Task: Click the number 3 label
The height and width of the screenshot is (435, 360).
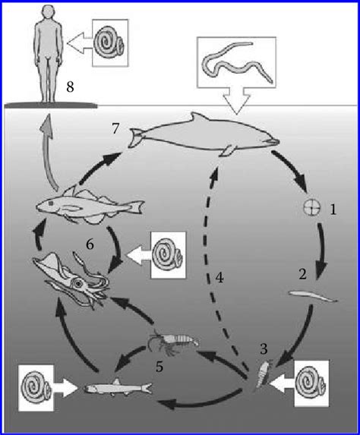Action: click(264, 349)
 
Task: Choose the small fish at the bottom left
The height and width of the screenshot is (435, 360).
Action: click(115, 388)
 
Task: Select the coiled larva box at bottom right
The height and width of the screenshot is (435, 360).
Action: click(311, 380)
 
